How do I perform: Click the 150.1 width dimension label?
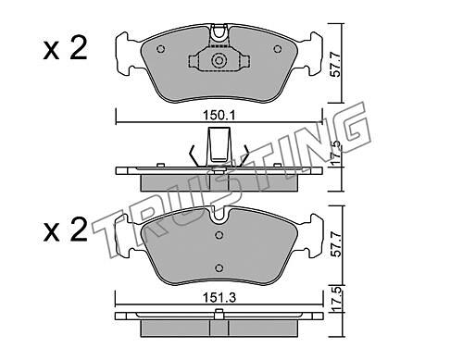pyautogui.click(x=219, y=116)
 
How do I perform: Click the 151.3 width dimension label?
pyautogui.click(x=219, y=298)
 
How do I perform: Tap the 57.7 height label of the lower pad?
pyautogui.click(x=335, y=244)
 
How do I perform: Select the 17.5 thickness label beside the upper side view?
pyautogui.click(x=336, y=153)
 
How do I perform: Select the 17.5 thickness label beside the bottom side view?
pyautogui.click(x=336, y=299)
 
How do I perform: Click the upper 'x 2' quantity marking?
pyautogui.click(x=66, y=49)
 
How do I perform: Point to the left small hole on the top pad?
pyautogui.click(x=161, y=49)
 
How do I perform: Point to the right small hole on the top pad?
pyautogui.click(x=278, y=49)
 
